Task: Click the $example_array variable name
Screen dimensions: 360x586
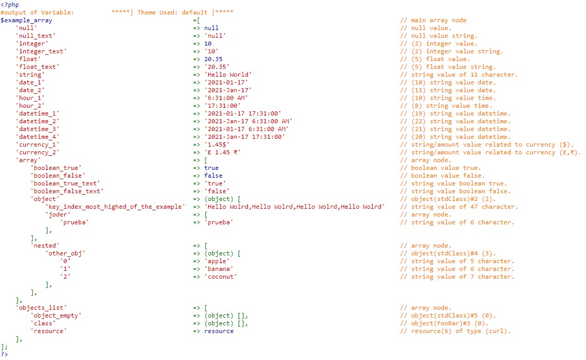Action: click(26, 21)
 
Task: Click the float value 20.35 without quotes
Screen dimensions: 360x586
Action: click(213, 59)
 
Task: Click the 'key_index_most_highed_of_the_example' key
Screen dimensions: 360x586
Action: click(115, 207)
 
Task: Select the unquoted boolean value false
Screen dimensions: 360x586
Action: click(213, 176)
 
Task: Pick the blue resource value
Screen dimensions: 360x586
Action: click(218, 331)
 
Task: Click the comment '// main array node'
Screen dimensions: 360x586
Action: click(433, 21)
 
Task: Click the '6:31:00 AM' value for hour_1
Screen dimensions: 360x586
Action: click(226, 98)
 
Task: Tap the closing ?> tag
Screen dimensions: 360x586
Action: click(5, 354)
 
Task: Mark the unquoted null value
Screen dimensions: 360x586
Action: click(211, 28)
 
